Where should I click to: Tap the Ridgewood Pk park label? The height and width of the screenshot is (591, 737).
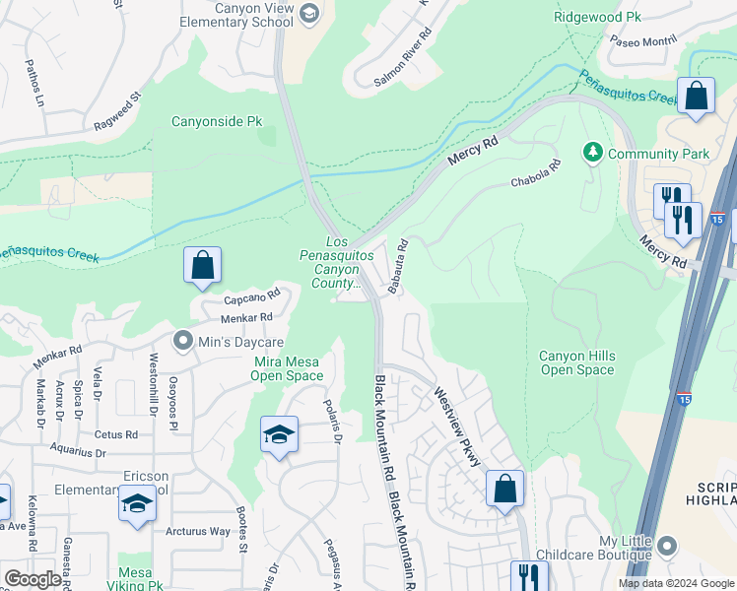coord(597,17)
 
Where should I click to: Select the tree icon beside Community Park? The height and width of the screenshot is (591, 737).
coord(593,153)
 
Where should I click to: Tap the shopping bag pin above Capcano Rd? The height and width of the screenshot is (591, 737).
coord(202,266)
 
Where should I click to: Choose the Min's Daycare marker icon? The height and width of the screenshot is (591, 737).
coord(182,342)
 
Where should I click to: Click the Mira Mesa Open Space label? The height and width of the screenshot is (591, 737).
coord(288,368)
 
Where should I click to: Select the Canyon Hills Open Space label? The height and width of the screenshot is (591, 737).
coord(576,362)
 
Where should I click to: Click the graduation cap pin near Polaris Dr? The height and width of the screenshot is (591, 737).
coord(279,435)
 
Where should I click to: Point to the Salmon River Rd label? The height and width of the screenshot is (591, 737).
coord(402,61)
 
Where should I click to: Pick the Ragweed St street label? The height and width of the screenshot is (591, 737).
coord(117,111)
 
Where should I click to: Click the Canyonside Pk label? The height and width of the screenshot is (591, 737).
coord(217,122)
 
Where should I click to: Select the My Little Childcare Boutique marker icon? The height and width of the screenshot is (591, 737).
coord(667,546)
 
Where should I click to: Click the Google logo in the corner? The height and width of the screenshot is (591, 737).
coord(33,579)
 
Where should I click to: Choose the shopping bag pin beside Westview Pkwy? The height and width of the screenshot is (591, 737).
coord(504,489)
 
